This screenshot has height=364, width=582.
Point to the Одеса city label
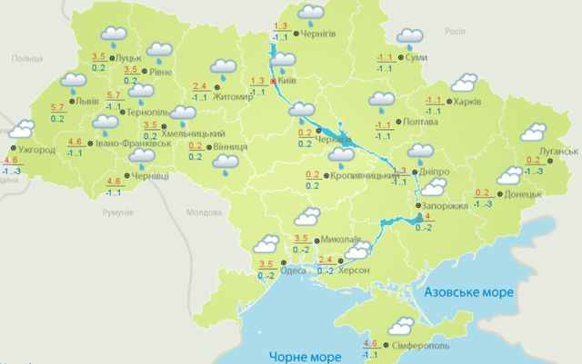tap(293, 270)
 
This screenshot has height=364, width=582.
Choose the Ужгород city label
tap(36, 149)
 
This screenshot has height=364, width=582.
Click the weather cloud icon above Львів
tap(73, 84)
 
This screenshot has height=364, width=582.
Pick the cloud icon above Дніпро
tap(420, 152)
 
